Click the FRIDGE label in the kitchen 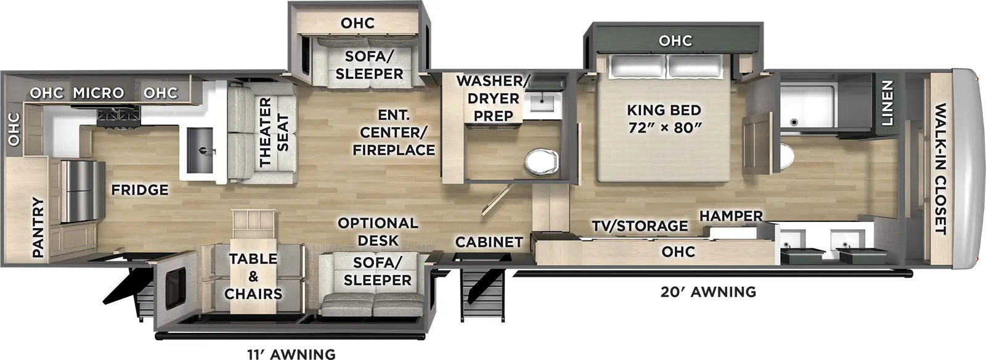[x=139, y=190]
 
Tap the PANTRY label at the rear [x=38, y=227]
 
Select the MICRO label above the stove [x=99, y=93]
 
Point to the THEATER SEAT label [x=274, y=132]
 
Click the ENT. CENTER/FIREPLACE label [x=394, y=133]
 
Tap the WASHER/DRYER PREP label [x=492, y=98]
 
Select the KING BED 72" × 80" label [x=664, y=119]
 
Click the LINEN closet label [x=886, y=103]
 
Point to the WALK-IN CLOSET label [x=940, y=169]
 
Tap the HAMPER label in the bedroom [x=731, y=216]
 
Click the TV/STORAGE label [x=640, y=226]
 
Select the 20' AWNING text [x=708, y=292]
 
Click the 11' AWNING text [x=291, y=353]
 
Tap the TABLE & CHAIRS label [x=253, y=276]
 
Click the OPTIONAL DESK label [x=378, y=231]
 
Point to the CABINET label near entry [x=489, y=242]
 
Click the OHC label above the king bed [x=675, y=41]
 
